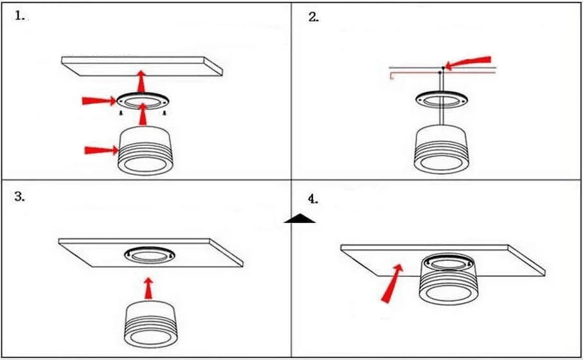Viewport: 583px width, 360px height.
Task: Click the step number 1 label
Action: tap(21, 17)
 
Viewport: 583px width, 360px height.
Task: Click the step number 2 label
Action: tap(314, 17)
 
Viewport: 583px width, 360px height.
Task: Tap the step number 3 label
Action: tap(21, 197)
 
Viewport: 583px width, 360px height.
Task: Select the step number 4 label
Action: tap(314, 199)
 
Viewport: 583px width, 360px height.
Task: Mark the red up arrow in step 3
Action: tap(149, 287)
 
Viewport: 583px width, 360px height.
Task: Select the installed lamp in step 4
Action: tap(447, 280)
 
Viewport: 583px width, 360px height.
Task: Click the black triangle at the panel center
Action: tap(300, 219)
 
